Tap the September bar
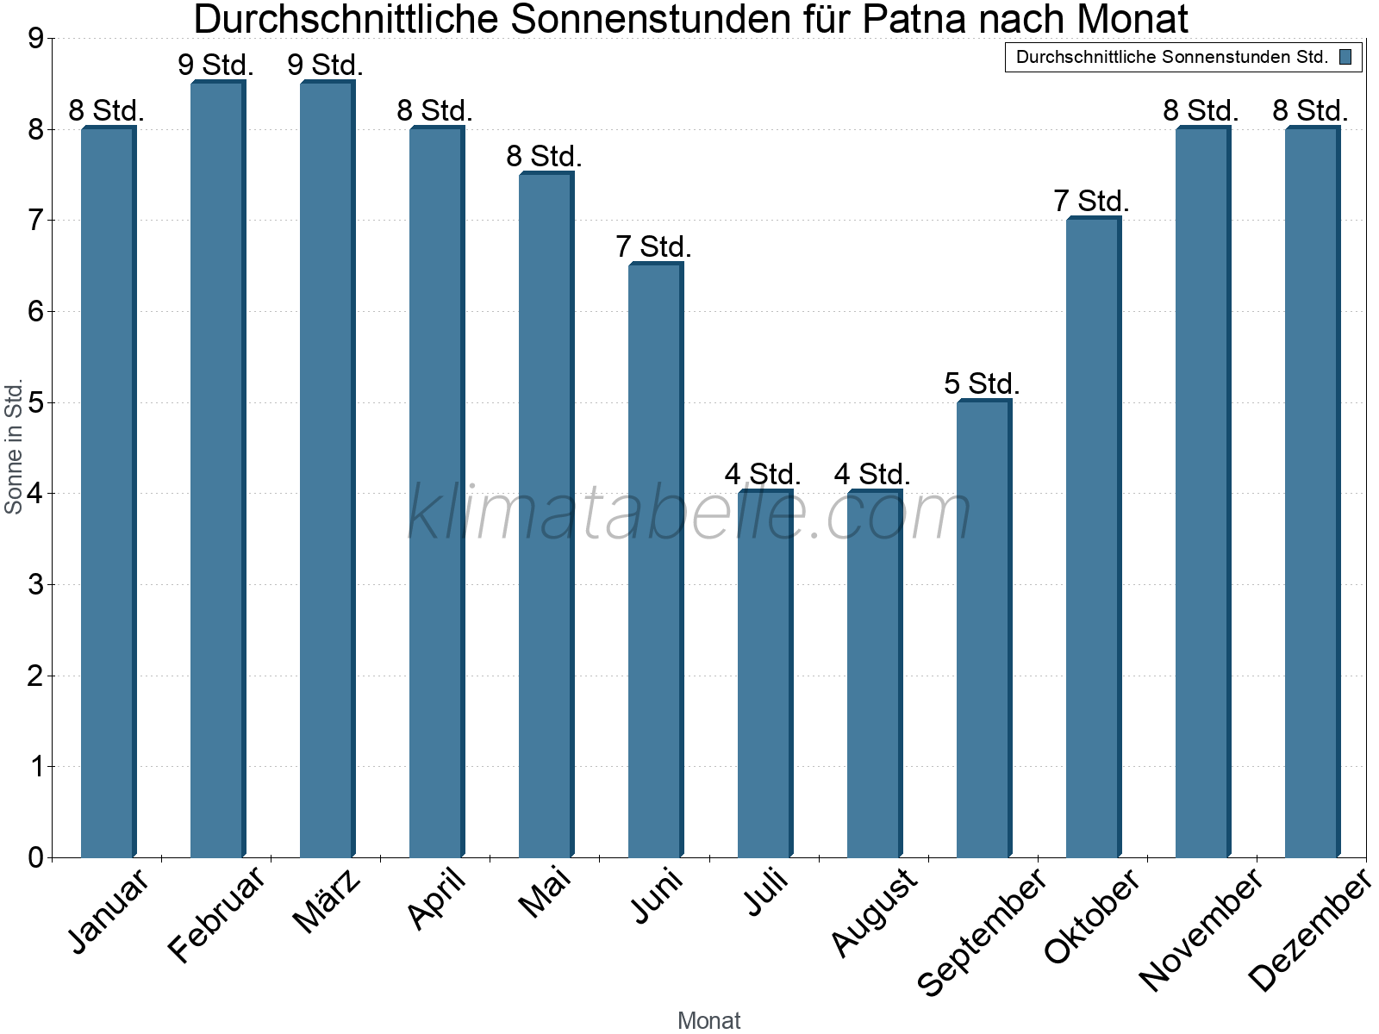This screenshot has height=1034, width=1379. pos(983,629)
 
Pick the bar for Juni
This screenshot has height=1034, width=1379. pos(655,560)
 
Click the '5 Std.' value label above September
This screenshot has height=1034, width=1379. pos(982,383)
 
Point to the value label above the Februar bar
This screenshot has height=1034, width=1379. pos(215,65)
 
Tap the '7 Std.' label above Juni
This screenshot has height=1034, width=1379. pos(653,247)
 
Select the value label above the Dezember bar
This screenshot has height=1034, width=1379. pos(1310,110)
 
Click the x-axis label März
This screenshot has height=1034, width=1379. pos(327,901)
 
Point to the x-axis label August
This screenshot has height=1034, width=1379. pos(874,912)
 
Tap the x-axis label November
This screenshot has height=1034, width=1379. pos(1200,929)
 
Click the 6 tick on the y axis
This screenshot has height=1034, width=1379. pos(35,312)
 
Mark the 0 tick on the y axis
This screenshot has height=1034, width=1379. pos(35,857)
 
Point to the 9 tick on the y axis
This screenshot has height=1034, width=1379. pos(35,39)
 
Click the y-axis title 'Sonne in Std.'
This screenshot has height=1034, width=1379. pos(14,447)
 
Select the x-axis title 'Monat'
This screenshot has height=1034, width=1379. pos(708,1020)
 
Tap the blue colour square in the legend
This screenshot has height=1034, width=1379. pos(1345,58)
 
